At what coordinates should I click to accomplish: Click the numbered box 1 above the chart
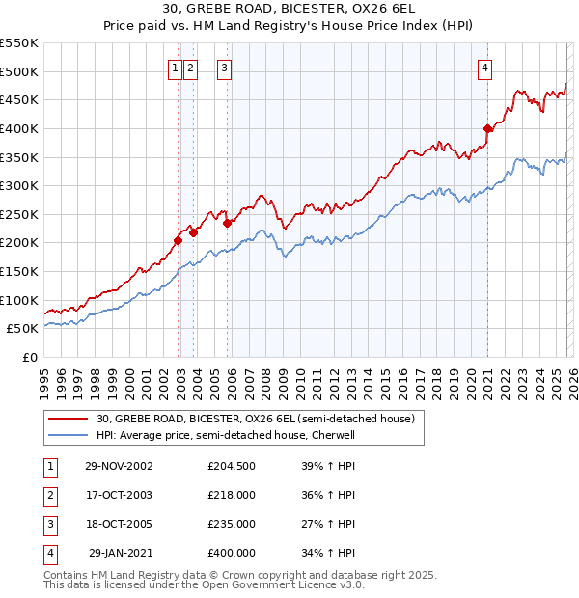pyautogui.click(x=175, y=68)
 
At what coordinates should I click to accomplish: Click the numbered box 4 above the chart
pyautogui.click(x=483, y=68)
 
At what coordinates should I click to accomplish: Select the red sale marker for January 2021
pyautogui.click(x=488, y=127)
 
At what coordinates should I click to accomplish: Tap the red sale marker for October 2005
pyautogui.click(x=228, y=223)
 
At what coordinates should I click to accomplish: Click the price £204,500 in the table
pyautogui.click(x=232, y=466)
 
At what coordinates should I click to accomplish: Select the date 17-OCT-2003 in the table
pyautogui.click(x=119, y=495)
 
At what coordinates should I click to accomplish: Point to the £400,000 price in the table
pyautogui.click(x=232, y=553)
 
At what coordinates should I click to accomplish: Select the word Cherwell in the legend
pyautogui.click(x=333, y=435)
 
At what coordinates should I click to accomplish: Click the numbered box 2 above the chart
pyautogui.click(x=190, y=68)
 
